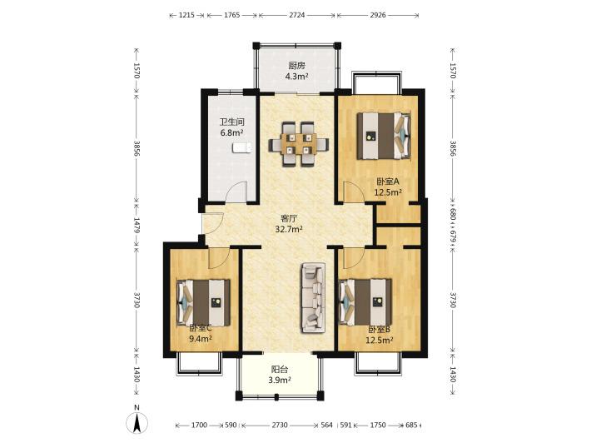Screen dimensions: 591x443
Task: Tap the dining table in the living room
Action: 299,144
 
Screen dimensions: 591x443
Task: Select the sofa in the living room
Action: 313,298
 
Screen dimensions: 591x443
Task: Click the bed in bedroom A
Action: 384,136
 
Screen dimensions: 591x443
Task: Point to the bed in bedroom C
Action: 203,303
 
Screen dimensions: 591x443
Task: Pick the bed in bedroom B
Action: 365,301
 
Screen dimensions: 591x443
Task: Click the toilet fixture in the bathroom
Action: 241,147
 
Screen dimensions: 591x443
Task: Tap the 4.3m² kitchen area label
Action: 296,77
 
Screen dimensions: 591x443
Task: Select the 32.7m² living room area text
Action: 289,229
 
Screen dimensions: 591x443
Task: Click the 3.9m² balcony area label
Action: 280,380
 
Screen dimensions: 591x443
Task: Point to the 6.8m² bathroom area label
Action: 231,132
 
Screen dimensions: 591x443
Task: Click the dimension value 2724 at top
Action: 297,15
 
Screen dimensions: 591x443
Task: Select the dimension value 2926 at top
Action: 378,15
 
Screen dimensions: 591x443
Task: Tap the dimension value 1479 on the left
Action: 137,225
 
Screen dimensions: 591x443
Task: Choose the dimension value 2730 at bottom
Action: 280,425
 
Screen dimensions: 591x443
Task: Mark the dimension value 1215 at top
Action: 186,15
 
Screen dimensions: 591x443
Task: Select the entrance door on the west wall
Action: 213,224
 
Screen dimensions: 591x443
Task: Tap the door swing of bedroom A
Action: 355,192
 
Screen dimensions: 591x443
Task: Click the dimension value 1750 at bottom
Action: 378,425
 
